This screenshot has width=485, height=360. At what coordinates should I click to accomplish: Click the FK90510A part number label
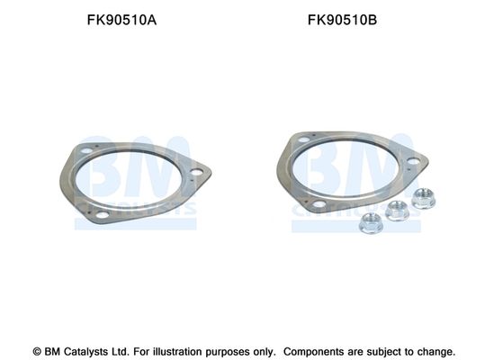coord(121,20)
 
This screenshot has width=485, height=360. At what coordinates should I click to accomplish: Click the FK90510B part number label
coord(342,20)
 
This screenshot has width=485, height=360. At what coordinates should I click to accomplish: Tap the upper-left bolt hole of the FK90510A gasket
coord(87,151)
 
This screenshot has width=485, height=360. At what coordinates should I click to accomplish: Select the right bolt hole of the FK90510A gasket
coord(196,172)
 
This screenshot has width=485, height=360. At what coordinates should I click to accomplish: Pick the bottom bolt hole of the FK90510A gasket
coord(103,214)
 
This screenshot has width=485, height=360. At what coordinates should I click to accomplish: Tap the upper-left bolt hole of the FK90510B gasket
coord(304,139)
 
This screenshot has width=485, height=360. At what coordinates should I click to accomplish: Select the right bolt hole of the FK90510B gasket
coord(413,161)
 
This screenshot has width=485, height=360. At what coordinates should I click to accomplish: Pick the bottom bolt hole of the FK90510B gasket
coord(319,204)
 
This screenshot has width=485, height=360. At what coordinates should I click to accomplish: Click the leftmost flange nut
coord(371,223)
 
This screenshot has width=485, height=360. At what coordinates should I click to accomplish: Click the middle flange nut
coord(398,211)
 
